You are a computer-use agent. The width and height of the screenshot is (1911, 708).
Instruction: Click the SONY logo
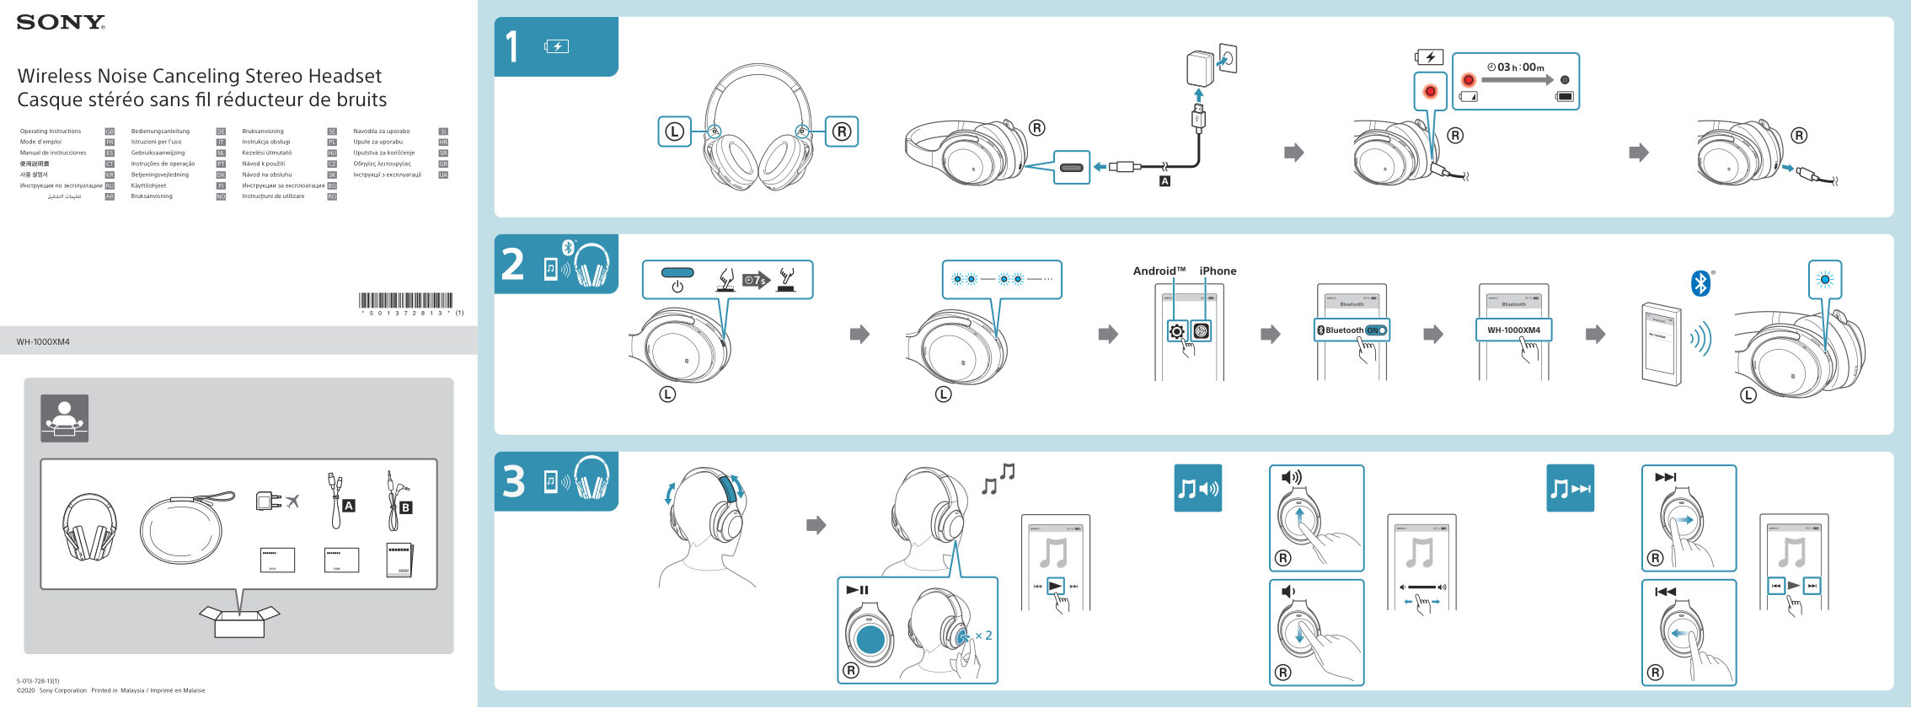[61, 23]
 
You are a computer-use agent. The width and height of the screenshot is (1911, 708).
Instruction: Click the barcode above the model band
[405, 301]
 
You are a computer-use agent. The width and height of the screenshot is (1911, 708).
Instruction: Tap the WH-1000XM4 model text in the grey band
[43, 342]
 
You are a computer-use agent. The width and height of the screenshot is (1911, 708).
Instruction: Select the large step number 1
[511, 47]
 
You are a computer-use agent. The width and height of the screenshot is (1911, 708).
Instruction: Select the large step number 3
[513, 482]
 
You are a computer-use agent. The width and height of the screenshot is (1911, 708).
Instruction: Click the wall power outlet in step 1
[1227, 59]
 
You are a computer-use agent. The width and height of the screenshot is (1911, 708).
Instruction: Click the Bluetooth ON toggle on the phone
[1376, 330]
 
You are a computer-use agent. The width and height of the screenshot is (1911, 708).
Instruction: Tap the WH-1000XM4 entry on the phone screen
[1513, 330]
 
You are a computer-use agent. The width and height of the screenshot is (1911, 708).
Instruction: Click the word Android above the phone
[1158, 271]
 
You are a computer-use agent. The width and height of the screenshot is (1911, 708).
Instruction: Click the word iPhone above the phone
[1218, 271]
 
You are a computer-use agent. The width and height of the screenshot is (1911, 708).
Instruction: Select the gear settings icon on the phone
[1177, 331]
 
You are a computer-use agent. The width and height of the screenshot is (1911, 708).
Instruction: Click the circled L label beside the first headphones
[674, 131]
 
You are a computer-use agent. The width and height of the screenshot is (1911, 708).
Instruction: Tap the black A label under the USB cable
[1164, 181]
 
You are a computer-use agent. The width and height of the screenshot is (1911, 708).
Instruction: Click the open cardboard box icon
[239, 621]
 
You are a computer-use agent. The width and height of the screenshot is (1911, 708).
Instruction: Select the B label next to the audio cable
[405, 507]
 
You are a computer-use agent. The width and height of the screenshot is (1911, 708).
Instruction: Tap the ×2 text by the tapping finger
[983, 636]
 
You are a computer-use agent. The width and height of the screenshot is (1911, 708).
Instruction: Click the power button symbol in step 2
[677, 287]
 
